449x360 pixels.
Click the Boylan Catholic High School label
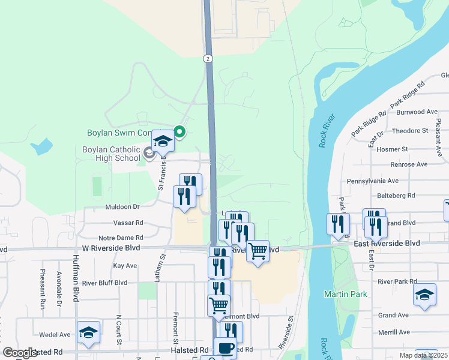coord(112,154)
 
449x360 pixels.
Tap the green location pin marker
coord(179,131)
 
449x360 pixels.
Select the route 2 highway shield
coord(207,58)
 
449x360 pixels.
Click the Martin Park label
coord(340,294)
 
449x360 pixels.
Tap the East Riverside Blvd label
coord(387,243)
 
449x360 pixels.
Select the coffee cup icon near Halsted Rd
coord(225,347)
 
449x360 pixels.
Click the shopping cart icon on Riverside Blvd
coord(258,251)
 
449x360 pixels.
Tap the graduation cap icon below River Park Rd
coord(424,294)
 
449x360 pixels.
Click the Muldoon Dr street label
coord(122,206)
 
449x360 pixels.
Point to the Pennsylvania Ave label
coord(373,181)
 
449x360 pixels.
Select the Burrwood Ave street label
coord(418,112)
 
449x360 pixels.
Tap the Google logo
coord(20,353)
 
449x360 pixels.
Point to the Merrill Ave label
coord(394,332)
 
